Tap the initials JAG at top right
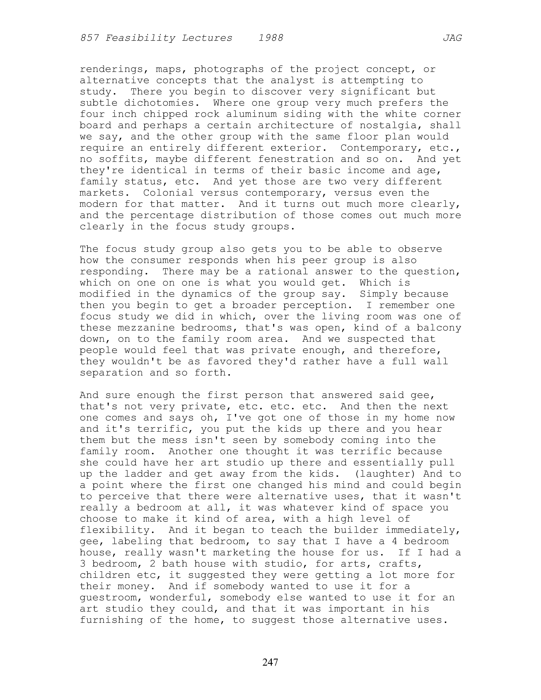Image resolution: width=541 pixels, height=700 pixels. pyautogui.click(x=452, y=38)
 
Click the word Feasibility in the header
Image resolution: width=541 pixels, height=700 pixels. pyautogui.click(x=140, y=38)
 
